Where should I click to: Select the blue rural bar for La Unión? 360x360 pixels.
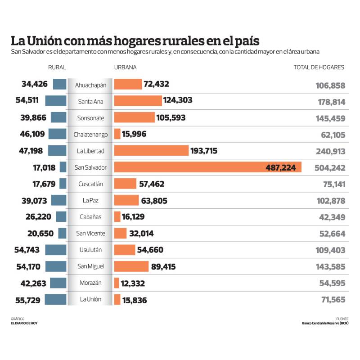[55, 299]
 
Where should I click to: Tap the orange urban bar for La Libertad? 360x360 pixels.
[151, 151]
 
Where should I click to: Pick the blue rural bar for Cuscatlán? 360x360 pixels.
[63, 184]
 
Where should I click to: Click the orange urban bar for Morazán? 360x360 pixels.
[117, 283]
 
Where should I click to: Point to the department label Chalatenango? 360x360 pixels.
[90, 135]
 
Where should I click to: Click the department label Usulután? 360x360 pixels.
[90, 250]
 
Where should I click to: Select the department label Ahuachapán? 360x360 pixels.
[90, 85]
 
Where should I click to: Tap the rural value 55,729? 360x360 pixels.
[28, 300]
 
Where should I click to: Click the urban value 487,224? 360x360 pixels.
[281, 167]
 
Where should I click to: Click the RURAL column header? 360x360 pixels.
[57, 67]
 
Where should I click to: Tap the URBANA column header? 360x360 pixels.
[126, 67]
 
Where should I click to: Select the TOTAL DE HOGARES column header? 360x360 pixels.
[319, 67]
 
